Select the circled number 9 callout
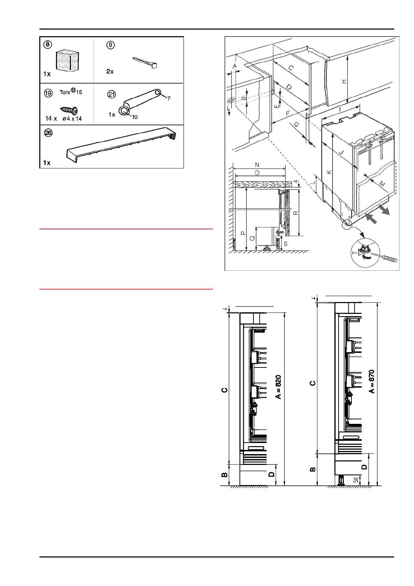(x=111, y=45)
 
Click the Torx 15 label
(x=71, y=92)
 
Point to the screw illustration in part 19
(x=70, y=111)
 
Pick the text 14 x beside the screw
(x=51, y=119)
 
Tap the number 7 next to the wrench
(x=169, y=98)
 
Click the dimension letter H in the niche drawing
(x=344, y=81)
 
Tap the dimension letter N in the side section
(x=257, y=165)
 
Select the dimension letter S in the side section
(x=286, y=244)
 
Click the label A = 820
(x=278, y=387)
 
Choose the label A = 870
(x=372, y=381)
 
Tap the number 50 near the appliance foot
(x=356, y=480)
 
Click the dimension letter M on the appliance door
(x=381, y=184)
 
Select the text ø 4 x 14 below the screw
(x=72, y=119)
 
